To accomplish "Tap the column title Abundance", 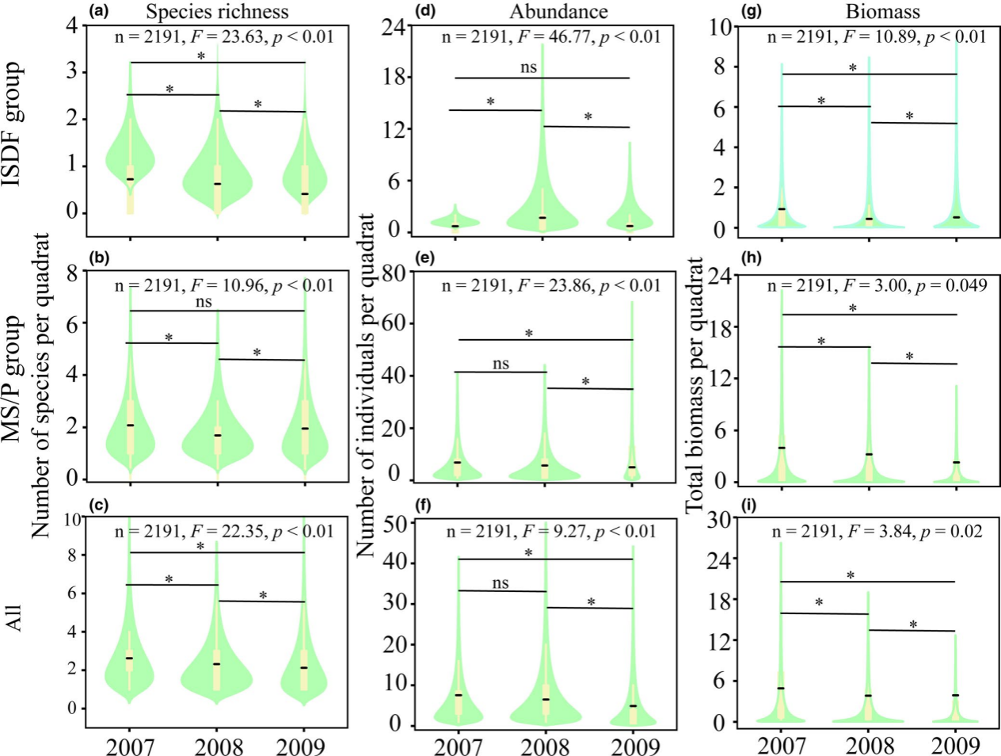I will pyautogui.click(x=558, y=11).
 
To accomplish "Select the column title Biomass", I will pyautogui.click(x=882, y=11).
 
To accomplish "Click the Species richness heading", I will pyautogui.click(x=217, y=11).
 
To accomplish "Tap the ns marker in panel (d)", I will pyautogui.click(x=528, y=67).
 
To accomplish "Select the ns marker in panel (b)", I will pyautogui.click(x=204, y=301).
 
